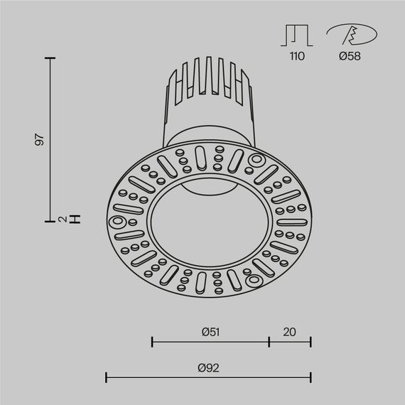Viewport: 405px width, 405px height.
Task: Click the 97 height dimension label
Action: coord(40,139)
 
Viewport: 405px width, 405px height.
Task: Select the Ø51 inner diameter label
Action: coord(210,331)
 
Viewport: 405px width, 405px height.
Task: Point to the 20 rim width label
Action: coord(290,331)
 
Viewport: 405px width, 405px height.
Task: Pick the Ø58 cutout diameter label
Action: coord(350,56)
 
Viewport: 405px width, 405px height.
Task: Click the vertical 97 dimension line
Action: coord(50,139)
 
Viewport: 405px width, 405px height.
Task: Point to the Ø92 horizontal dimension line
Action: coord(208,377)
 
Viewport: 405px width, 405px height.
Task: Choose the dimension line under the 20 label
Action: coord(290,342)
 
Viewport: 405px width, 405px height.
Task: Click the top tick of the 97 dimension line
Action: coord(50,58)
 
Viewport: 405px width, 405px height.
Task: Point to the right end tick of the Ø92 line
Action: coord(310,377)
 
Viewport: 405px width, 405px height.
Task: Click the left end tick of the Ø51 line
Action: coord(153,342)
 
